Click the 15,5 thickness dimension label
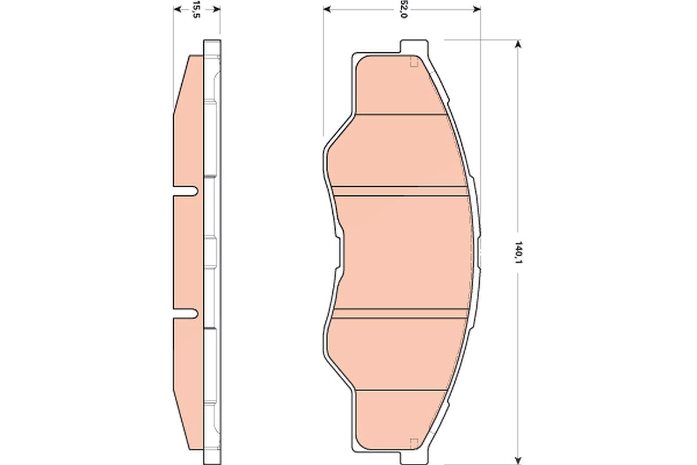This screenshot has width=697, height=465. [x=195, y=9]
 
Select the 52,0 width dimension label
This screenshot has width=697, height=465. [x=403, y=10]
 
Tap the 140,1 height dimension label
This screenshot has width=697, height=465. [x=518, y=252]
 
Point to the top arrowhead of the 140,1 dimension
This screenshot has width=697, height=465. [x=518, y=44]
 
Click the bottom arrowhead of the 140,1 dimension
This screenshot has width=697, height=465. [x=518, y=460]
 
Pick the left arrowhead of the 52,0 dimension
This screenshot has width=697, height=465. [x=327, y=9]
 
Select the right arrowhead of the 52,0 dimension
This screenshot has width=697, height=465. [x=477, y=9]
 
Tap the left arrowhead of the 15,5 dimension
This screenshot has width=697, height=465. [x=177, y=9]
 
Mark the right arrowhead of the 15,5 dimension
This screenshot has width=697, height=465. [x=217, y=9]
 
